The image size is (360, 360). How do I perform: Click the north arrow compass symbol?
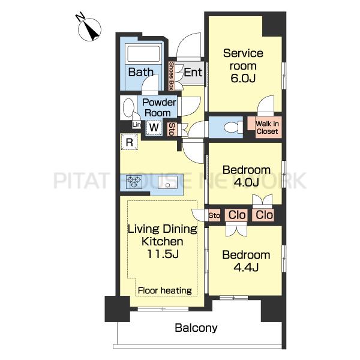[89, 28]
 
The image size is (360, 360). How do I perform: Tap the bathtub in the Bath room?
[143, 54]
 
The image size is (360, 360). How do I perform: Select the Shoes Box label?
[171, 76]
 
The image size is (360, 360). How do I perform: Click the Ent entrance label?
[193, 73]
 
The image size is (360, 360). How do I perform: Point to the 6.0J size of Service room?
[243, 78]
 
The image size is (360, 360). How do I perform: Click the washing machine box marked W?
[154, 127]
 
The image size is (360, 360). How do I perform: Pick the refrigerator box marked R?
[130, 142]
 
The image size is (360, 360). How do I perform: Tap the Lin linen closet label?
[137, 125]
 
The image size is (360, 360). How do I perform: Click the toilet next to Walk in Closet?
[233, 127]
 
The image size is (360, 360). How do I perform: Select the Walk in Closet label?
[267, 128]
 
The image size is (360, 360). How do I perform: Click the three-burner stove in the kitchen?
[134, 182]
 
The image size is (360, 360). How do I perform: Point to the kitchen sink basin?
[167, 182]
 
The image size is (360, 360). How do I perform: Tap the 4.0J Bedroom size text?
[246, 182]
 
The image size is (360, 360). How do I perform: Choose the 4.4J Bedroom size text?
[246, 267]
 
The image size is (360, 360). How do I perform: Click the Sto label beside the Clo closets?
[214, 215]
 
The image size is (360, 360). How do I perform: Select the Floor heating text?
[165, 290]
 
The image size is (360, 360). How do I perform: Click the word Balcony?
[196, 328]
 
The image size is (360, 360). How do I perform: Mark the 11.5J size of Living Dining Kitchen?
[163, 254]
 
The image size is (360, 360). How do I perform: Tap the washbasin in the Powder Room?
[128, 107]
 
